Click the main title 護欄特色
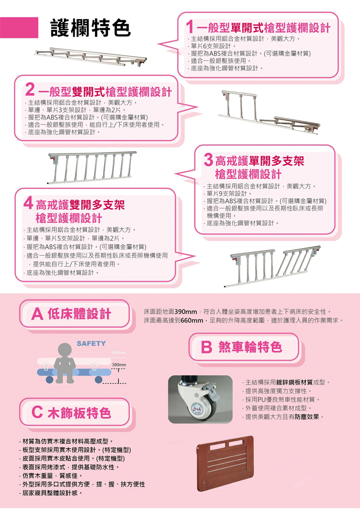[x=91, y=28]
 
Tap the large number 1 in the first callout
[x=190, y=27]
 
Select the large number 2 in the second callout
[x=30, y=89]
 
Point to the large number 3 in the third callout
[x=208, y=160]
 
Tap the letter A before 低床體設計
[x=37, y=314]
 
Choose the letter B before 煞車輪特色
[x=206, y=347]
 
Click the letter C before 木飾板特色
[x=37, y=412]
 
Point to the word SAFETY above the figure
[x=91, y=344]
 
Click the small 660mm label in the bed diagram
[x=119, y=353]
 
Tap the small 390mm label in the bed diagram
[x=119, y=365]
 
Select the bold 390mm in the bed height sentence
[x=186, y=311]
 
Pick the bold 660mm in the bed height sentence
[x=192, y=320]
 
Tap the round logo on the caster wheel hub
[x=197, y=408]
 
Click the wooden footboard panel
[x=225, y=463]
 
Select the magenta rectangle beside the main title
[x=19, y=27]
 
